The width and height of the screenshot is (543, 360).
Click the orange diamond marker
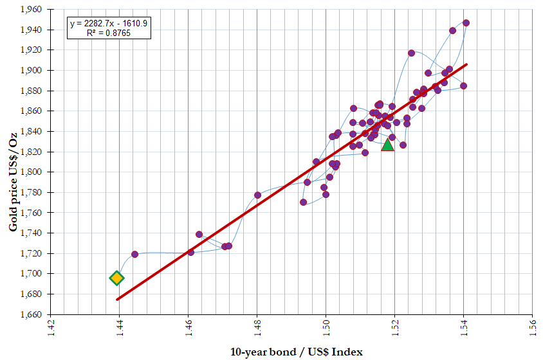tap(116, 278)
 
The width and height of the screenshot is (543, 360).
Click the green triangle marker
tap(387, 145)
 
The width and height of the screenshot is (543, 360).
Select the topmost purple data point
tap(466, 23)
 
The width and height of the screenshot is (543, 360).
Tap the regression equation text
tap(109, 24)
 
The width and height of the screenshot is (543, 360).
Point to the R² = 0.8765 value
tap(109, 33)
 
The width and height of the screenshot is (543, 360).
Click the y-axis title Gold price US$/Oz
tap(13, 182)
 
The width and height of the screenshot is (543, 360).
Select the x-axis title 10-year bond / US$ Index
tap(297, 352)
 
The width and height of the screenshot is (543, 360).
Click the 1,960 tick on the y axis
tap(31, 10)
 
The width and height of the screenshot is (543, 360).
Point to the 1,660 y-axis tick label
tap(31, 314)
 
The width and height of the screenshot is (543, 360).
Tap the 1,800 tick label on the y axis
tap(31, 172)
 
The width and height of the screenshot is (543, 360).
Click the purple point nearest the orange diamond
tap(134, 255)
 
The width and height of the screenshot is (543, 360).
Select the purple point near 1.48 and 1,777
tap(257, 195)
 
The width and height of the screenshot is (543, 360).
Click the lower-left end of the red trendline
tap(117, 300)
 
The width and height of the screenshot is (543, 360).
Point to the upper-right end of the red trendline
tap(466, 64)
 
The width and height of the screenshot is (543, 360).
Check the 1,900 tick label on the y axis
tap(31, 70)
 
